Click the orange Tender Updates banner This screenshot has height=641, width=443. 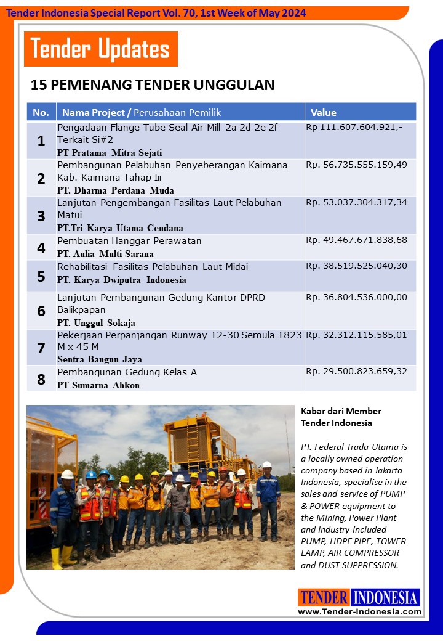point(100,49)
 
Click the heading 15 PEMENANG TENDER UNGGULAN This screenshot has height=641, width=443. point(153,85)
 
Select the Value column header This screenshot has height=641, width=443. point(324,112)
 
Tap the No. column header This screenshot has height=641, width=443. point(41,112)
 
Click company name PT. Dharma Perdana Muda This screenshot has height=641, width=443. point(115,190)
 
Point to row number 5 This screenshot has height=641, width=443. point(41,276)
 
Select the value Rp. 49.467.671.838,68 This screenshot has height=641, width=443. point(356,240)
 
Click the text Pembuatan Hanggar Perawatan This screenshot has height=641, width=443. point(129,240)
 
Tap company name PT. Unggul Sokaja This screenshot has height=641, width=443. point(96,323)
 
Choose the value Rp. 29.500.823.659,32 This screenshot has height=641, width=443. point(356,372)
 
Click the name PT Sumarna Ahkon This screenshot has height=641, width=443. point(98,385)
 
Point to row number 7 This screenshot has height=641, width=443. point(41,348)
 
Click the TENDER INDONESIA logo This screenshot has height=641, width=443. point(359,597)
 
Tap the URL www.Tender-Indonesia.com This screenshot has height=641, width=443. point(359,611)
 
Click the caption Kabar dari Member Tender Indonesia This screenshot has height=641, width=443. point(341,417)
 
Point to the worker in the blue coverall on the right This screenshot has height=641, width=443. point(268,493)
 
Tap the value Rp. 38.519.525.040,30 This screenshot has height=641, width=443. point(356,266)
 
